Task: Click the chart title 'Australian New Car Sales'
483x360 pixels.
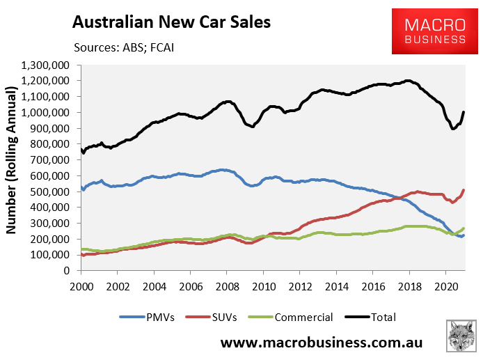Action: (x=171, y=22)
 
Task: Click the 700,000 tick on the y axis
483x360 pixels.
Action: (x=56, y=159)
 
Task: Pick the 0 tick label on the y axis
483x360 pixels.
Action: (x=72, y=270)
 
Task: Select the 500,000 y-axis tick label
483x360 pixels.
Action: (x=56, y=191)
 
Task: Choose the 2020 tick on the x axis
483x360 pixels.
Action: (x=445, y=286)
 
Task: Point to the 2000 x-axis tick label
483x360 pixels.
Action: (x=81, y=286)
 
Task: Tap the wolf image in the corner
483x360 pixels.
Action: (x=461, y=339)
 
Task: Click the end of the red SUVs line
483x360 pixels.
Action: (x=464, y=190)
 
